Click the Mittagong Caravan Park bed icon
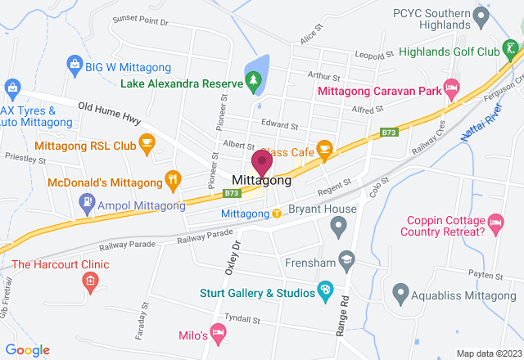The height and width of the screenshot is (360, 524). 450,87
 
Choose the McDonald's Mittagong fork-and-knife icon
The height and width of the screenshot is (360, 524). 173,178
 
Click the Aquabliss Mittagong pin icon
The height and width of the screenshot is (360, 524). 400,291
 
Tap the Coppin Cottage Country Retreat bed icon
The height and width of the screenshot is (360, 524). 495,222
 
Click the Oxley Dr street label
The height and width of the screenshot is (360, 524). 234,258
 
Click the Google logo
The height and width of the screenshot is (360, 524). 28,349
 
